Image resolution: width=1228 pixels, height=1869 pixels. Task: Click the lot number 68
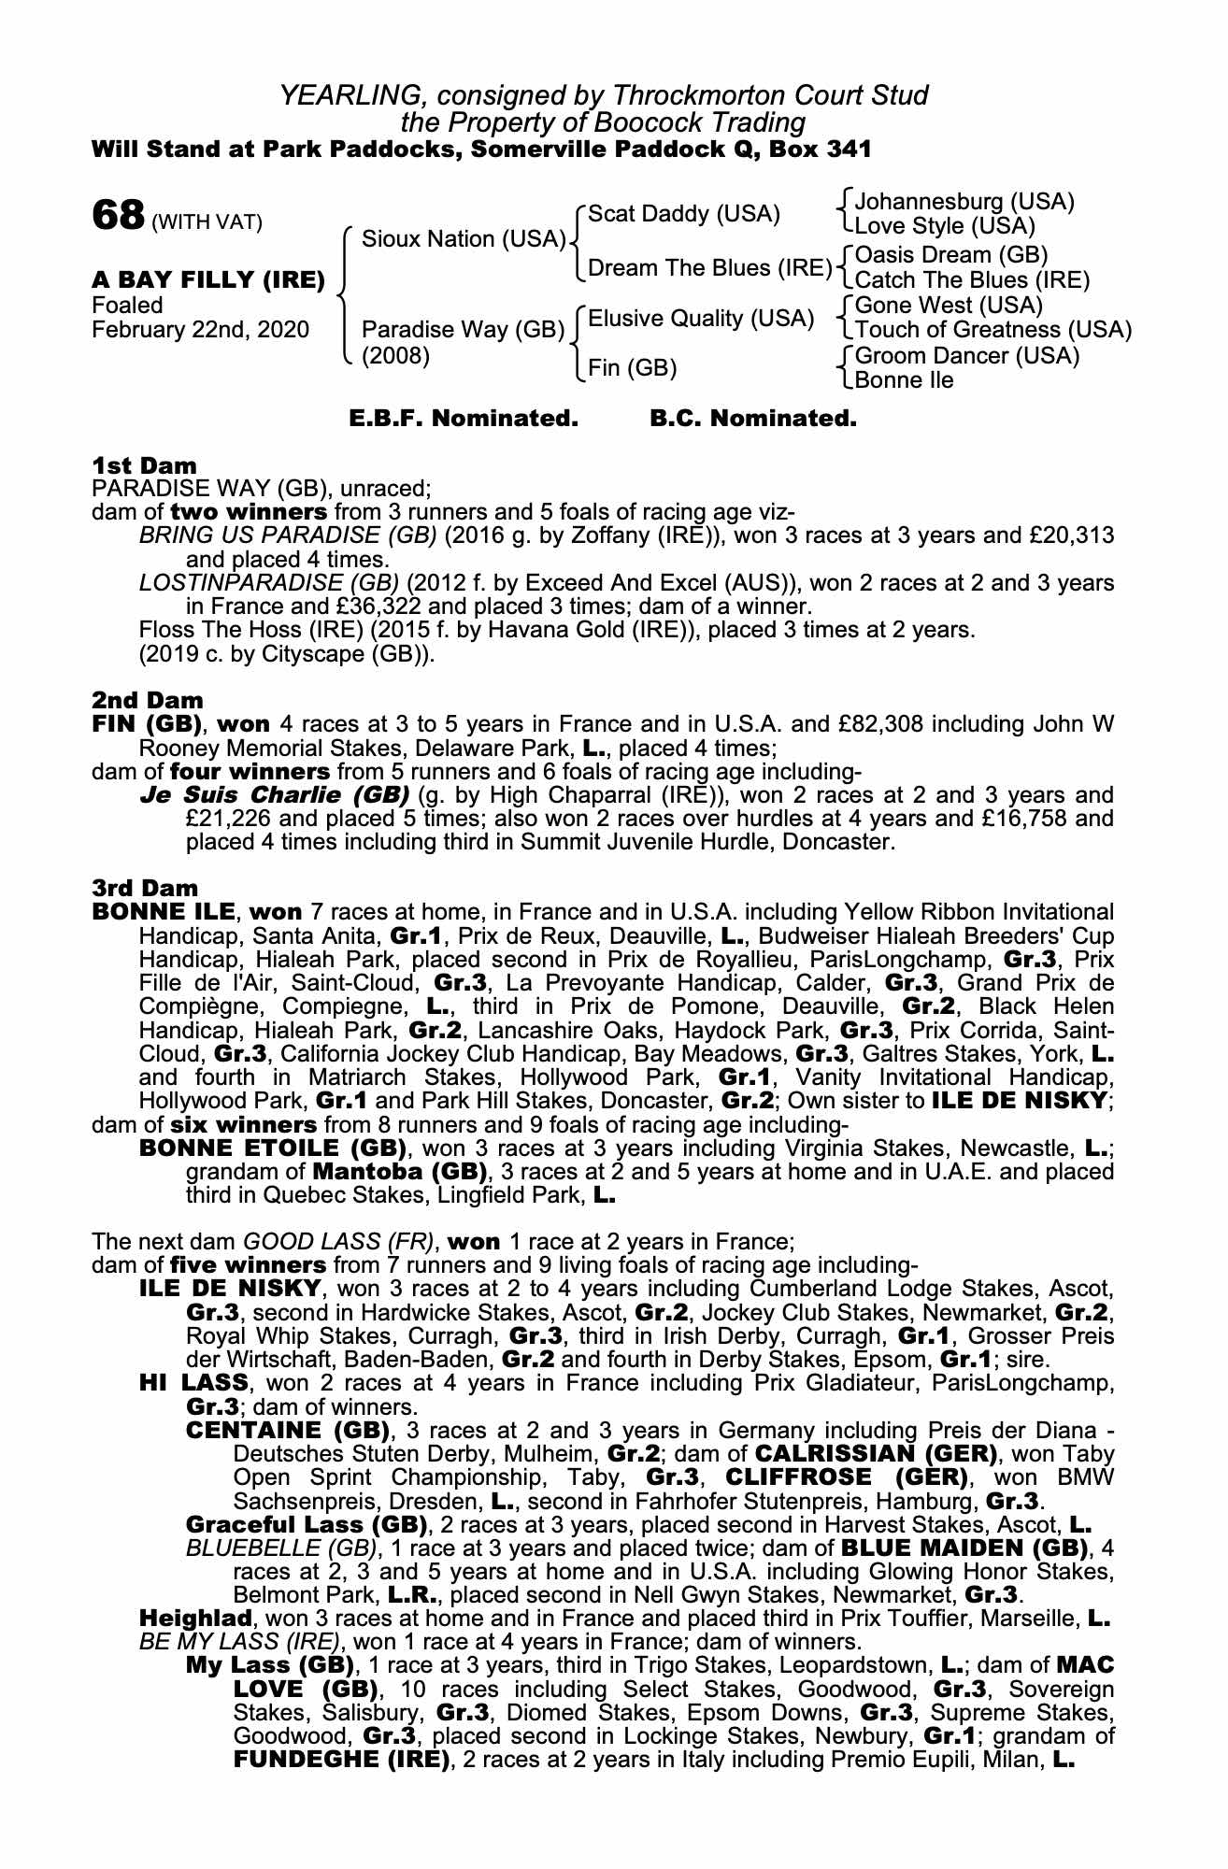pyautogui.click(x=117, y=217)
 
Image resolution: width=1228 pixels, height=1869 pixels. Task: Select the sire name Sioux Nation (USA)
pyautogui.click(x=464, y=239)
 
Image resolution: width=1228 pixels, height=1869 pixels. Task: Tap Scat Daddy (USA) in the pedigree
pyautogui.click(x=684, y=214)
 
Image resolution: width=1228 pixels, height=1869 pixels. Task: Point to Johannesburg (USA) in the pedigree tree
pyautogui.click(x=964, y=201)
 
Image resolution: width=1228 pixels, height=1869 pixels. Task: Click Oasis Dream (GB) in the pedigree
pyautogui.click(x=951, y=254)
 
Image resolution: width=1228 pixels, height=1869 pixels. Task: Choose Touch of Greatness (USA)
pyautogui.click(x=992, y=330)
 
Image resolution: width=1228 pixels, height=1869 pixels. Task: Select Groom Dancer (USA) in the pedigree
pyautogui.click(x=966, y=356)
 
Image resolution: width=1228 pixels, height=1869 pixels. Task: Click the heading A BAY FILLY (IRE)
pyautogui.click(x=208, y=279)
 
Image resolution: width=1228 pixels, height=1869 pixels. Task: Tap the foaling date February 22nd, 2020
pyautogui.click(x=201, y=330)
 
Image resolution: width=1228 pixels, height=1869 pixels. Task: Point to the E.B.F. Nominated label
pyautogui.click(x=464, y=419)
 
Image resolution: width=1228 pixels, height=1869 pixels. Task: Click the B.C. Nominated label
pyautogui.click(x=752, y=419)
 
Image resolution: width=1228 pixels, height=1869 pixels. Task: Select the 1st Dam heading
pyautogui.click(x=144, y=465)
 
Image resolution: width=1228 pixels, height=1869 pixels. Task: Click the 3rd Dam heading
pyautogui.click(x=145, y=888)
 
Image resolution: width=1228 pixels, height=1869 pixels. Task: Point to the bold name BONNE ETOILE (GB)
pyautogui.click(x=272, y=1148)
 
